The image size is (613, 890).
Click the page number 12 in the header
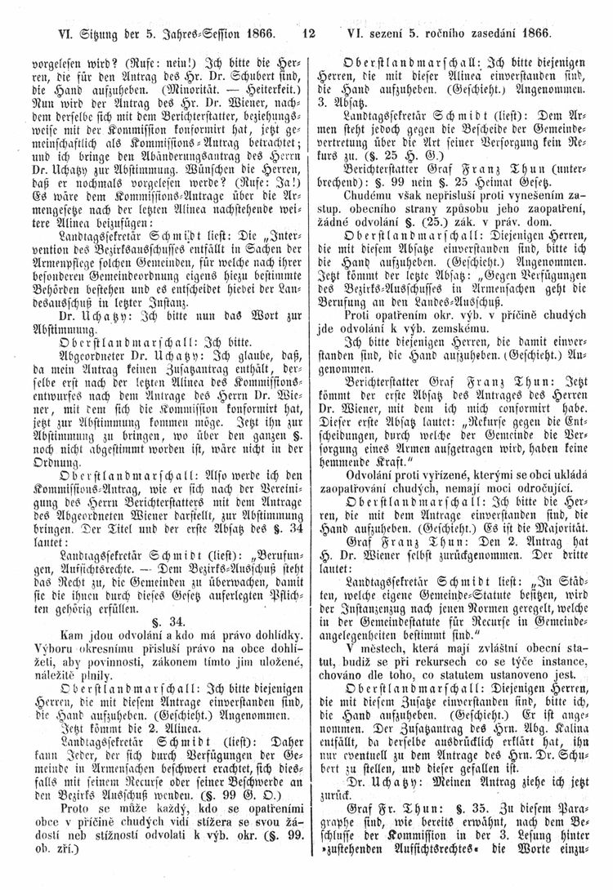pyautogui.click(x=307, y=35)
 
